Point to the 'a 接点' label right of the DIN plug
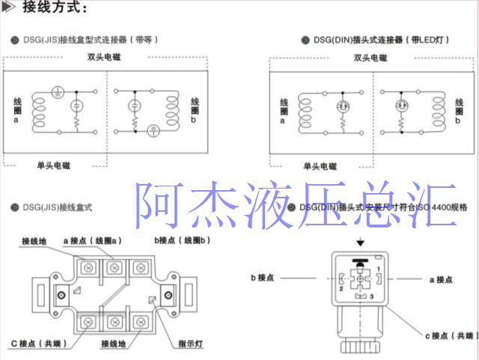point(441,279)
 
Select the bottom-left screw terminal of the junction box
point(89,321)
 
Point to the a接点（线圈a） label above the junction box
point(93,240)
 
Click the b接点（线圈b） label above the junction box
point(183,240)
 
